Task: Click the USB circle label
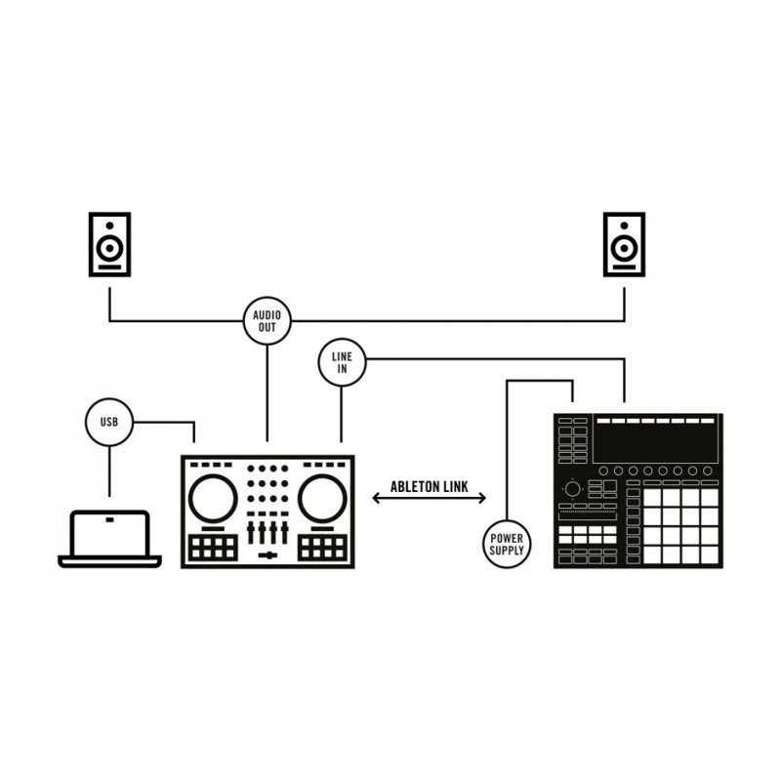click(x=109, y=422)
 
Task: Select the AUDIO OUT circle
click(x=267, y=321)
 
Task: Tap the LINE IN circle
click(x=342, y=362)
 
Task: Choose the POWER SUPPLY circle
click(x=507, y=544)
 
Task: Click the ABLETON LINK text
click(x=429, y=486)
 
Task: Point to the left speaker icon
click(x=109, y=244)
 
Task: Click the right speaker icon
click(x=624, y=244)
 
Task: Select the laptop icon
click(x=109, y=539)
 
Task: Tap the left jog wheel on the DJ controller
click(x=213, y=499)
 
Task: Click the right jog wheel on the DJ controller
click(x=322, y=499)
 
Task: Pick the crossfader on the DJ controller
click(x=267, y=555)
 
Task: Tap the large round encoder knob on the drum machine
click(x=572, y=489)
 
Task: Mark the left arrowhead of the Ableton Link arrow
click(x=376, y=498)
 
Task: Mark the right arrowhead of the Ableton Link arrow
click(x=482, y=498)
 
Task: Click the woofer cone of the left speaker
click(x=109, y=248)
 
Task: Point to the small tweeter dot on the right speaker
click(x=624, y=226)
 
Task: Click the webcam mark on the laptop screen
click(x=109, y=520)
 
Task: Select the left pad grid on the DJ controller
click(x=213, y=548)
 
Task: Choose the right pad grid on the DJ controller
click(x=322, y=548)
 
